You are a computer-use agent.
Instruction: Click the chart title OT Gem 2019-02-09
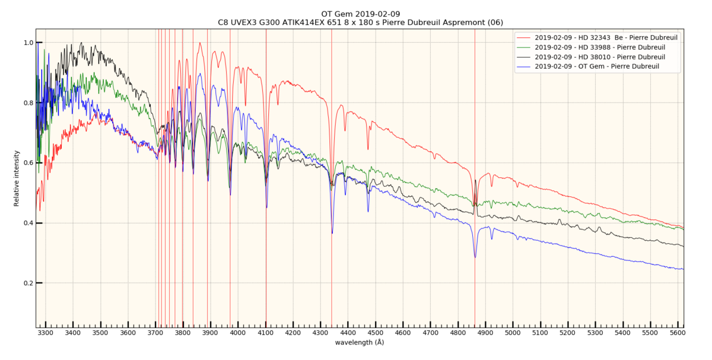coord(361,14)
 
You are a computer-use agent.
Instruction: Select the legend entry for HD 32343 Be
coord(606,37)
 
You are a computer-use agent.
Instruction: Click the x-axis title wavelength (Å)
coord(359,343)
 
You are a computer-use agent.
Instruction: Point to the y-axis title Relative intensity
coord(17,178)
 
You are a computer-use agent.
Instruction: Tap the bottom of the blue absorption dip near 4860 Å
coord(475,257)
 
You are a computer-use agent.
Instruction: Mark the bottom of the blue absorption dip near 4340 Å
coord(332,233)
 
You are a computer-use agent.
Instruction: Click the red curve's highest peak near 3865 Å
coord(200,43)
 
